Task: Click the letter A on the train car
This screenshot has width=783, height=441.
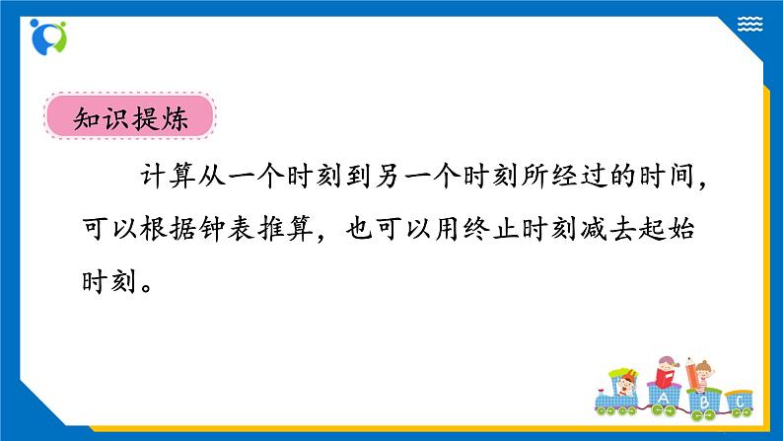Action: pos(662,399)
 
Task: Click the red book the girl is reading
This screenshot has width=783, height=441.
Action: pos(668,376)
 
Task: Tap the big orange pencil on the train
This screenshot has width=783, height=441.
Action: pos(700,376)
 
